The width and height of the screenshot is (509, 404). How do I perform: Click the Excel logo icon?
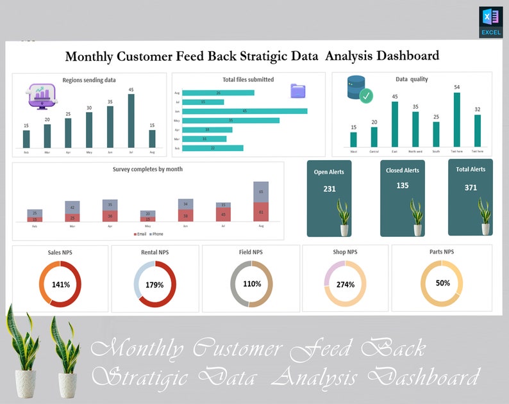[x=490, y=22]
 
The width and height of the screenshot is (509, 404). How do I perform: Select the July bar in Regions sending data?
[x=131, y=121]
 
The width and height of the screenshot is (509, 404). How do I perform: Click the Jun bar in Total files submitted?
[x=244, y=111]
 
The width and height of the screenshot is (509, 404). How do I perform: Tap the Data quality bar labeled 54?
[x=457, y=120]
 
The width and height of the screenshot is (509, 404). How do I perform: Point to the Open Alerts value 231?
[x=330, y=189]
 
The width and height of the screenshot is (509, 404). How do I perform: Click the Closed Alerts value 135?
[x=403, y=186]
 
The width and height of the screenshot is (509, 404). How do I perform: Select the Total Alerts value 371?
[x=471, y=188]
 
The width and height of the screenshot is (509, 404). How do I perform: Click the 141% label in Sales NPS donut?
[x=60, y=285]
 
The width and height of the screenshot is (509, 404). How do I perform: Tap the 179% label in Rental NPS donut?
[x=154, y=285]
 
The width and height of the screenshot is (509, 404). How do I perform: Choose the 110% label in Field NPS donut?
[x=252, y=284]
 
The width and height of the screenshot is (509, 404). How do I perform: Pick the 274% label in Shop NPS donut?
[x=345, y=284]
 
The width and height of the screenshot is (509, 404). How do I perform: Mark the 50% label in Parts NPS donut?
[x=442, y=282]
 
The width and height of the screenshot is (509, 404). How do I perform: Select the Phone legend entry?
[x=156, y=234]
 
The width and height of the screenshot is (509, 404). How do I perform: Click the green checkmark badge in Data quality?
[x=365, y=97]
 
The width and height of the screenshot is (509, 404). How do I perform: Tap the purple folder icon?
[x=298, y=90]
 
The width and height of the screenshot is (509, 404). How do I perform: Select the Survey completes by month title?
[x=147, y=169]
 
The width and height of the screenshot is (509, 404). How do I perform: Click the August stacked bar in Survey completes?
[x=261, y=201]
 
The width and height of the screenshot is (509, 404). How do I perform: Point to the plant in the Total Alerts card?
[x=484, y=216]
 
